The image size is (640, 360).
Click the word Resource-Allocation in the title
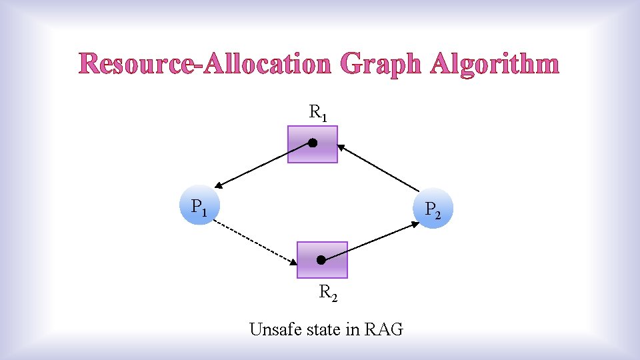pyautogui.click(x=205, y=64)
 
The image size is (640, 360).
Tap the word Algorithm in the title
pyautogui.click(x=495, y=64)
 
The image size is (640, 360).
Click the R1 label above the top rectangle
pyautogui.click(x=317, y=113)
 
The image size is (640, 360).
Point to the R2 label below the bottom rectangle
pyautogui.click(x=327, y=293)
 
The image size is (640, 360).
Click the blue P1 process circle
pyautogui.click(x=198, y=206)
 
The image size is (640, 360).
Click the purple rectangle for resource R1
pyautogui.click(x=313, y=145)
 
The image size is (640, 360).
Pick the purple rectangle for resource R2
pyautogui.click(x=322, y=260)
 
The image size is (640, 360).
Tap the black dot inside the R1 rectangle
pyautogui.click(x=312, y=143)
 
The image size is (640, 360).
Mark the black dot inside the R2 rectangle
pyautogui.click(x=321, y=259)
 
